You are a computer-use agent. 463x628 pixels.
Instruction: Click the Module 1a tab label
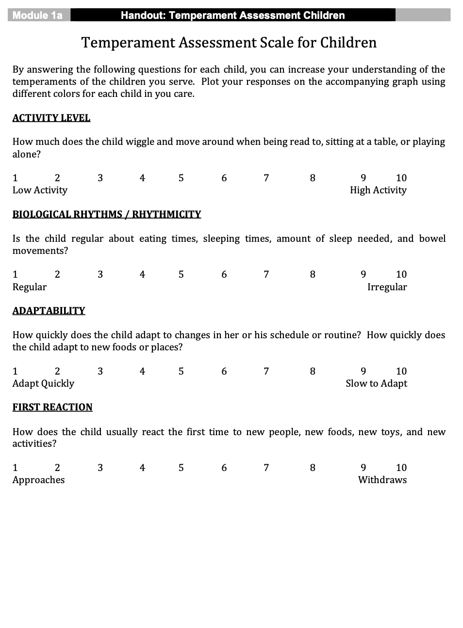coord(37,16)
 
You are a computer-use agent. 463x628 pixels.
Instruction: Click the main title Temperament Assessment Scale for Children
coord(229,43)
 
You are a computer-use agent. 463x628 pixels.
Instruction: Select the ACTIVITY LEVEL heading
coord(51,118)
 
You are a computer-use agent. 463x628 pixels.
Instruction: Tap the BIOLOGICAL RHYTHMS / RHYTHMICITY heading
coord(107,214)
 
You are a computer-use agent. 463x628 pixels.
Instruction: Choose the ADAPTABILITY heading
coord(49,311)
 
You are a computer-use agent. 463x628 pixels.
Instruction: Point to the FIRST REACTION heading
coord(52,407)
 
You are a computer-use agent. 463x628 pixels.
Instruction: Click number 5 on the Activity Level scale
coord(181,178)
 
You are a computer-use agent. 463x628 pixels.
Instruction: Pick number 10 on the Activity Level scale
coord(401,178)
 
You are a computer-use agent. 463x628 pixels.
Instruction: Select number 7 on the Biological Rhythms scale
coord(266,274)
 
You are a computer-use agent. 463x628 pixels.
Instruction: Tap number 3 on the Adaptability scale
coord(100,371)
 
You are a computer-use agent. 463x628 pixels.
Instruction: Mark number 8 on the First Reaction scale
coord(313,468)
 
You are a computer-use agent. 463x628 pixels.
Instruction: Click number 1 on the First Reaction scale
coord(15,468)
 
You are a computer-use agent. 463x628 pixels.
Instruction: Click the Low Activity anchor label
coord(40,190)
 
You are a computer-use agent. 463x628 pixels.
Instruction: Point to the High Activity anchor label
coord(378,190)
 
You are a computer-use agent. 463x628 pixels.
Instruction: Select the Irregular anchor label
coord(387,287)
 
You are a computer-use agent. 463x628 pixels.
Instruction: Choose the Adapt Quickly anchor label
coord(43,383)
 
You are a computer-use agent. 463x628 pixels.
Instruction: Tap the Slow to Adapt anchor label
coord(376,383)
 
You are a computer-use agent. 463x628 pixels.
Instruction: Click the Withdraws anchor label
coord(382,480)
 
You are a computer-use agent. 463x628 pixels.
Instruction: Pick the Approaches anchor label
coord(38,480)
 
